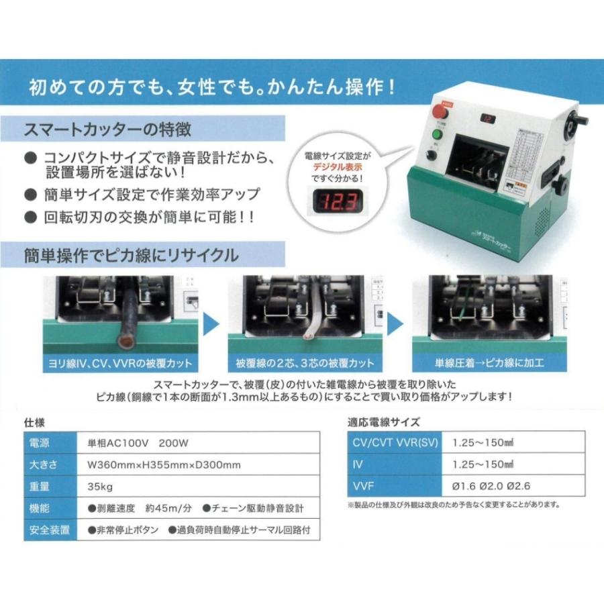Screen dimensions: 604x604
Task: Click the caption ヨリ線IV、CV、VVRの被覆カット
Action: click(121, 364)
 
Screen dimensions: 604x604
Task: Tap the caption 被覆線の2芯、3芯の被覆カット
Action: click(305, 364)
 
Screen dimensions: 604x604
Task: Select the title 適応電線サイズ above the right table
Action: click(383, 423)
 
